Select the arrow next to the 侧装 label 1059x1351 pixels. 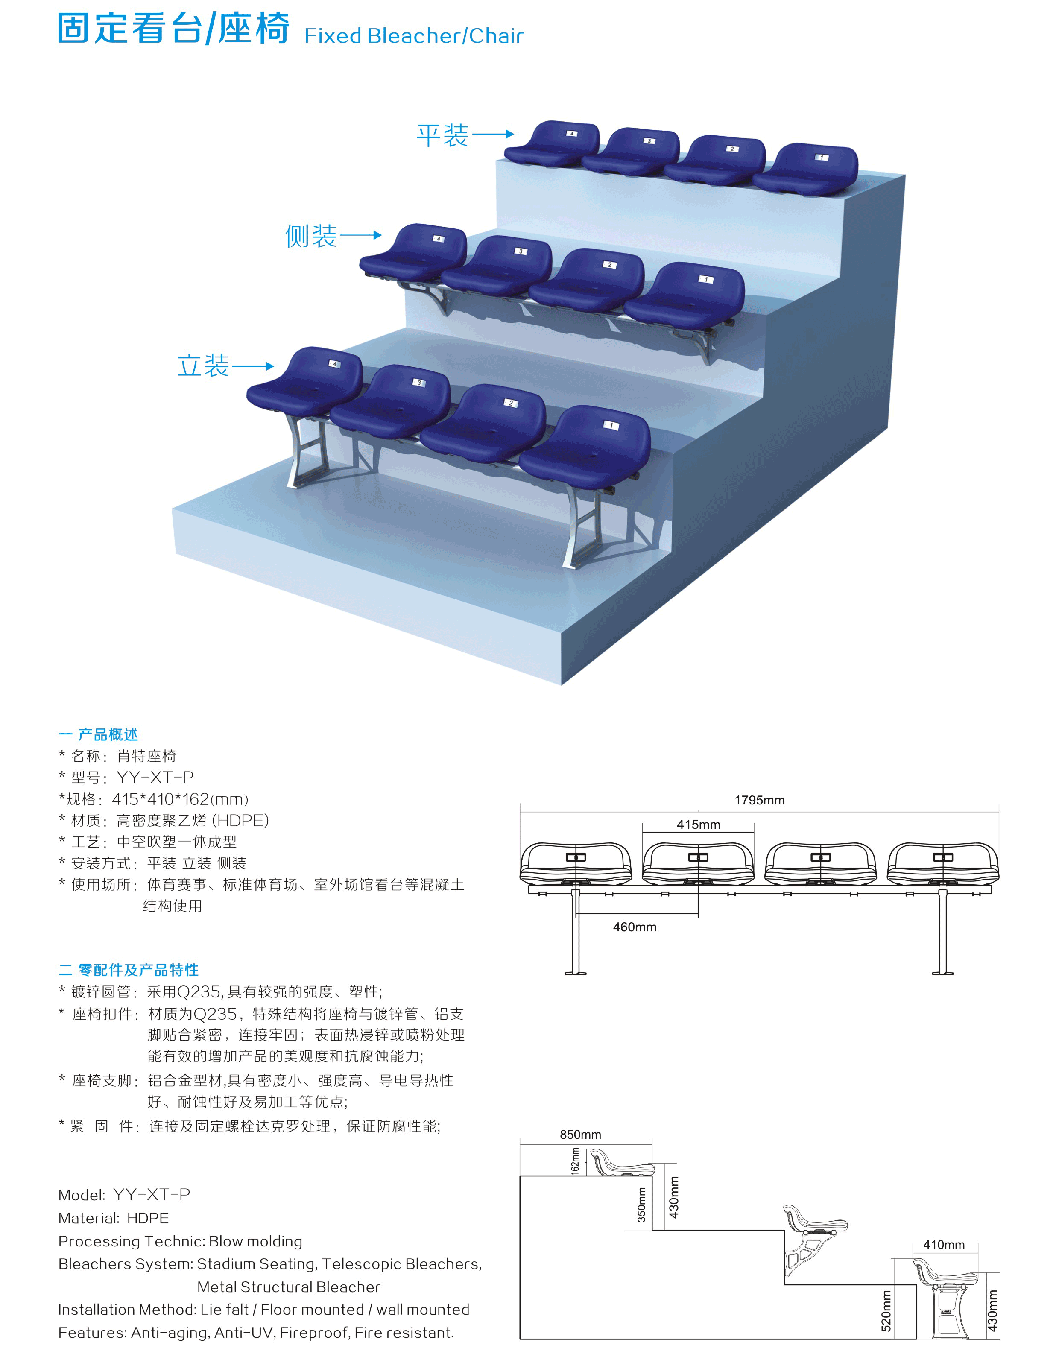tap(361, 235)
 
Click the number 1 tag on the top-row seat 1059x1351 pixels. tap(822, 158)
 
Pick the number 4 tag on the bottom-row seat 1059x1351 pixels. tap(335, 364)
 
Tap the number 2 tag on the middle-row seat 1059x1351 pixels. tap(609, 265)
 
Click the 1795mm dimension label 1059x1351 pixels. tap(760, 800)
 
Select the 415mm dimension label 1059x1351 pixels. tap(698, 825)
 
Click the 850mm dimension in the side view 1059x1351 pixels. tap(580, 1135)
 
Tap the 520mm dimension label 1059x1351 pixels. tap(886, 1311)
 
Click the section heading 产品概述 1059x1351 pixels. tap(108, 735)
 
